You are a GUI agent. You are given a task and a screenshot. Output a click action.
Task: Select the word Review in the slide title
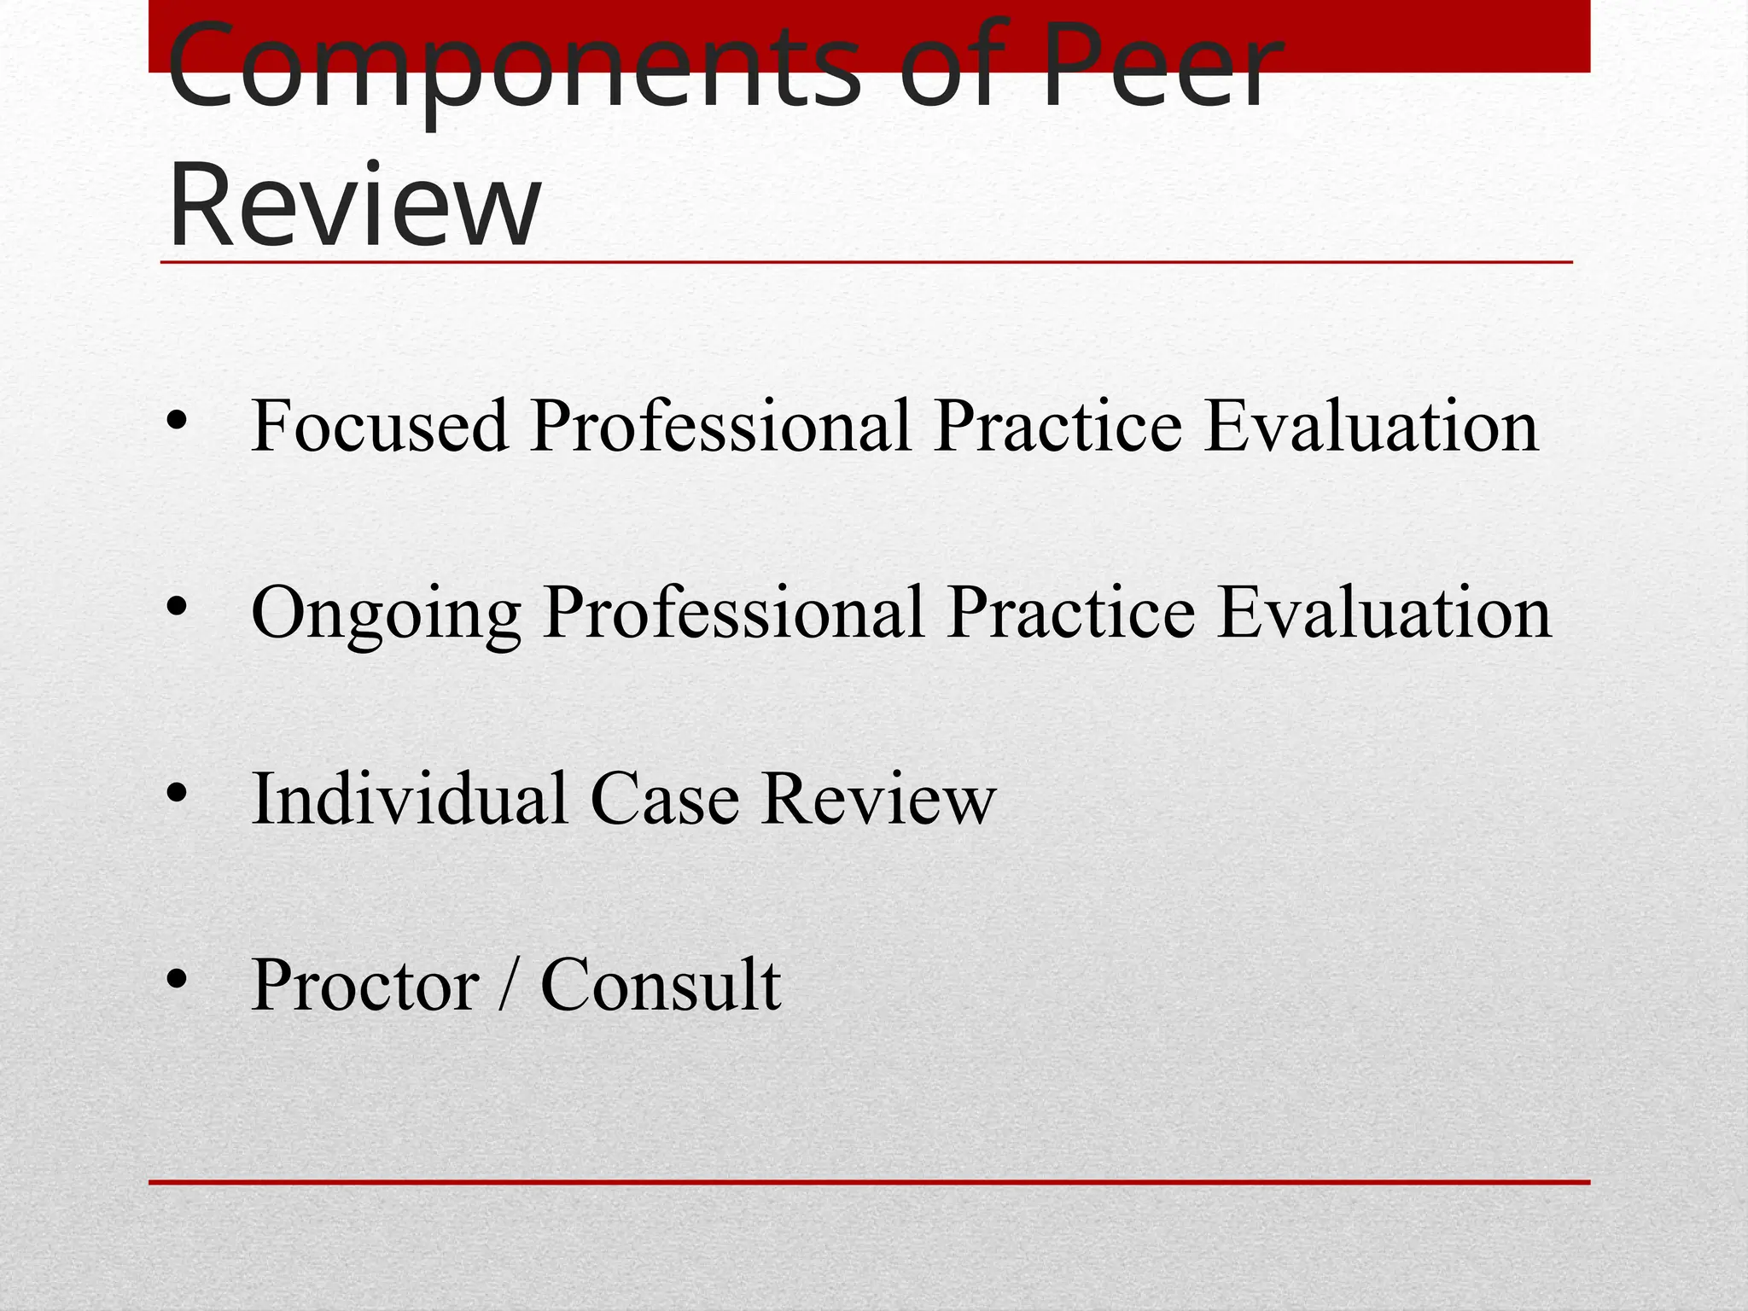354,207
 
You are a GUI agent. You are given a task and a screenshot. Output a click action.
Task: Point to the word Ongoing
386,613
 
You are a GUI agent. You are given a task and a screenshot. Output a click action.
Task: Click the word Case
665,800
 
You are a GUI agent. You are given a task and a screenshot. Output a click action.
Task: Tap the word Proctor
365,985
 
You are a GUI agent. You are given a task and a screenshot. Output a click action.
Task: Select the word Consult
661,985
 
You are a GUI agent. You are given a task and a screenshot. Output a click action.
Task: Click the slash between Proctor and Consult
510,985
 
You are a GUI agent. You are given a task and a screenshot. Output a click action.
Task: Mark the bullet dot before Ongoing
177,607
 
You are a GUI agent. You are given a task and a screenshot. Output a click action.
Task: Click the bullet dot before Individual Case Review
177,794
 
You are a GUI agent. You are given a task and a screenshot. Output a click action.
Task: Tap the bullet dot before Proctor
177,980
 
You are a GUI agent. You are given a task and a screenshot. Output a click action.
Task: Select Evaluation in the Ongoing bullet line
1384,612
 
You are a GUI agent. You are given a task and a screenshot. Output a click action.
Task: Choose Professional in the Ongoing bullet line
734,612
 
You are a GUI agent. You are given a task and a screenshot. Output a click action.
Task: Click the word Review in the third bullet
879,800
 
